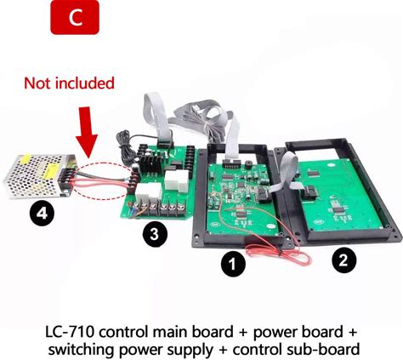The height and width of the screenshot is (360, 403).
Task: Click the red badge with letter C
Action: (x=75, y=17)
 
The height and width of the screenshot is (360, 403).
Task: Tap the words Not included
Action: (x=70, y=83)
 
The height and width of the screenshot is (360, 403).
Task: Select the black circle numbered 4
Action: (x=42, y=214)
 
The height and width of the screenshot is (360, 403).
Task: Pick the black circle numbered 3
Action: (x=155, y=234)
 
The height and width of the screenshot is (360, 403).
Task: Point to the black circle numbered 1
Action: (x=233, y=264)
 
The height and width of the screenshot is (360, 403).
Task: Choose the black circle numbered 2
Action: (x=343, y=260)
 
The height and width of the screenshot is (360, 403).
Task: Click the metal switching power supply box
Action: (x=40, y=176)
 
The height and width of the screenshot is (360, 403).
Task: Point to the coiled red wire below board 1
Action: (x=279, y=254)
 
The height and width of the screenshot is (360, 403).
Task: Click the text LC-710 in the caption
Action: (x=70, y=332)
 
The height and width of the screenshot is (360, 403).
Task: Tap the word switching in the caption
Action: (x=82, y=350)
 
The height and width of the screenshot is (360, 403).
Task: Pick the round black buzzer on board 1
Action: (x=248, y=164)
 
